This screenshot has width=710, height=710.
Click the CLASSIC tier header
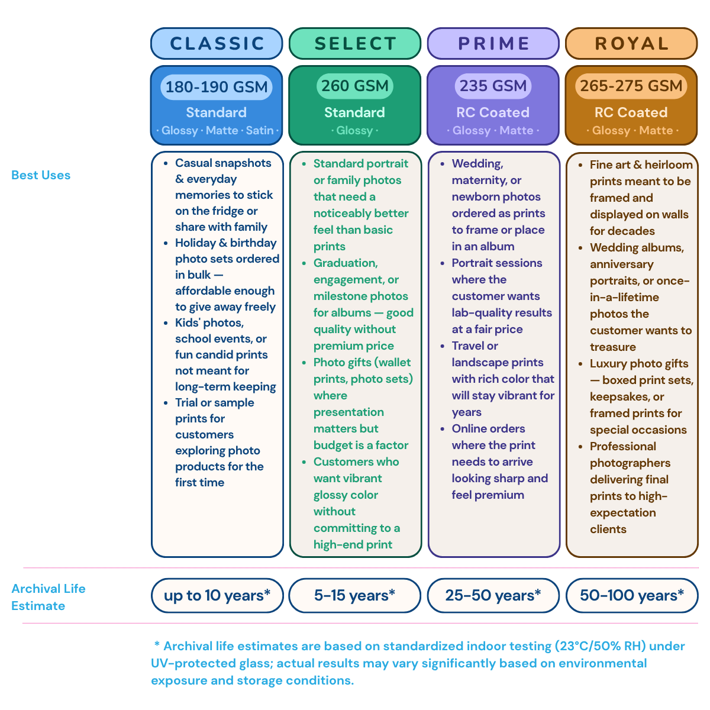pos(217,43)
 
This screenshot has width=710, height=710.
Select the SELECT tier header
pos(355,43)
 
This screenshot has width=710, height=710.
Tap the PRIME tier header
pos(493,43)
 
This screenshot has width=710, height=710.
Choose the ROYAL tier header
pos(631,43)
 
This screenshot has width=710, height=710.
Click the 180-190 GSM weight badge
pos(217,87)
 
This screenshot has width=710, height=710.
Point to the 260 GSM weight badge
pos(355,86)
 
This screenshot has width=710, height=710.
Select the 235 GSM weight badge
pos(493,86)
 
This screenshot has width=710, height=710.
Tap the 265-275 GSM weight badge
pos(631,86)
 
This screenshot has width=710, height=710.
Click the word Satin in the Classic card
pos(260,130)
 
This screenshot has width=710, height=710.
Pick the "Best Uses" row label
pos(41,175)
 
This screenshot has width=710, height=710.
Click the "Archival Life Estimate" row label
pos(49,597)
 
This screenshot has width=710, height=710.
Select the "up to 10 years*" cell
pos(217,595)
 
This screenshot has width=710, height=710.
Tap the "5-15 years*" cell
pos(355,595)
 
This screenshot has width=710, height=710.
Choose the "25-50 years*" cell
pos(493,595)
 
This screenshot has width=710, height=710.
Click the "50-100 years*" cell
pos(632,595)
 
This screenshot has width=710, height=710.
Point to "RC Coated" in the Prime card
pos(493,112)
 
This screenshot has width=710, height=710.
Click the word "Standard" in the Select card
pos(354,112)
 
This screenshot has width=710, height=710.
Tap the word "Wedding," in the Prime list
pos(477,163)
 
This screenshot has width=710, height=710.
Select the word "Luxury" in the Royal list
pos(608,364)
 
